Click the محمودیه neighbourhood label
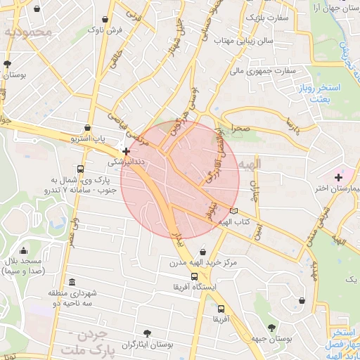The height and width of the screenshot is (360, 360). tap(28, 32)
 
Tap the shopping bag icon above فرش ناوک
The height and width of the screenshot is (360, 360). tap(105, 19)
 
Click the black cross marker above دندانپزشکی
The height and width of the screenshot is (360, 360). tap(125, 150)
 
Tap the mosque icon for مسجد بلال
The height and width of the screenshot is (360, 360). tap(23, 251)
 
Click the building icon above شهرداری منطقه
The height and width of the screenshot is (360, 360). tap(75, 281)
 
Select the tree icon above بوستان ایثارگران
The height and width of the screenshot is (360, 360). tap(146, 333)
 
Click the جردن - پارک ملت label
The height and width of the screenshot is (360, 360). tap(91, 342)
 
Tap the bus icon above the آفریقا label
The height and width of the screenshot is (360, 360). tap(221, 309)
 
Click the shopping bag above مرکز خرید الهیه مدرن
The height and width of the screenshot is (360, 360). tap(202, 251)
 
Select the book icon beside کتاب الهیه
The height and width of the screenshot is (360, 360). tap(233, 211)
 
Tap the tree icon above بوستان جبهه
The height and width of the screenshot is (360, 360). tap(271, 328)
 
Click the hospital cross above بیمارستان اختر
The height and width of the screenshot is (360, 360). tap(338, 176)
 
